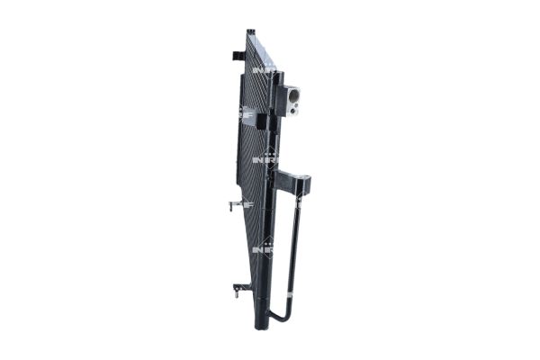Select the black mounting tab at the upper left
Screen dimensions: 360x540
[x=238, y=56]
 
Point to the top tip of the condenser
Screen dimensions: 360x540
[x=251, y=33]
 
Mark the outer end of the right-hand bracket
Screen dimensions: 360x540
[x=307, y=185]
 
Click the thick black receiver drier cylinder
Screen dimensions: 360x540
[x=267, y=225]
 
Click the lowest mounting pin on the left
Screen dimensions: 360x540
[x=237, y=289]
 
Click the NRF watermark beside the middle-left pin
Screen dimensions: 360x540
[x=247, y=204]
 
